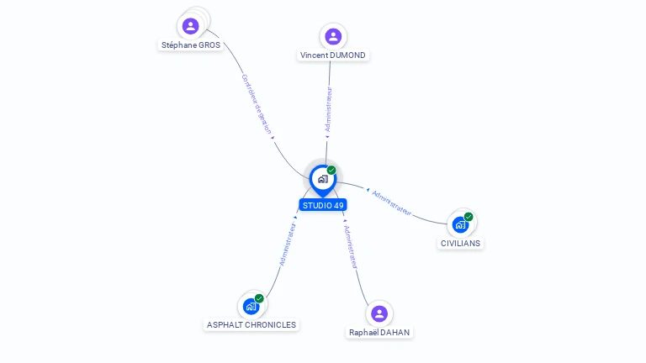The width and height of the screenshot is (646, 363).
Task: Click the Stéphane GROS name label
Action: pyautogui.click(x=191, y=45)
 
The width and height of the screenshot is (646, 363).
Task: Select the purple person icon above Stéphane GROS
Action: pyautogui.click(x=190, y=26)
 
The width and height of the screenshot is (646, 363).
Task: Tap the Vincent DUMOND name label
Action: pyautogui.click(x=333, y=55)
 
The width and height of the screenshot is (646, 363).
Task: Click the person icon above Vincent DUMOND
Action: pyautogui.click(x=333, y=36)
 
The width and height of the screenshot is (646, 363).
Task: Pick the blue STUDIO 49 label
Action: pyautogui.click(x=323, y=205)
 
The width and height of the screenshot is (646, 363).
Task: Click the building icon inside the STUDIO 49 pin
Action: pyautogui.click(x=323, y=179)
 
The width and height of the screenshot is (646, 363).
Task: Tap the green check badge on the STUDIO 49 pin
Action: pyautogui.click(x=331, y=170)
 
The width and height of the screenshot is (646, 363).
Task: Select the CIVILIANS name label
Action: pyautogui.click(x=460, y=243)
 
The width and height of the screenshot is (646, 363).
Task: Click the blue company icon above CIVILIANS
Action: pyautogui.click(x=460, y=224)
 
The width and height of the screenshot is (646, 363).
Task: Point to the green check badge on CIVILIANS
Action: pyautogui.click(x=469, y=217)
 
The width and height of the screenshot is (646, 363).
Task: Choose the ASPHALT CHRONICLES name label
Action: pyautogui.click(x=252, y=324)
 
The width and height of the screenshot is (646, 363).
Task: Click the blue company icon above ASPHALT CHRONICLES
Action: pyautogui.click(x=251, y=306)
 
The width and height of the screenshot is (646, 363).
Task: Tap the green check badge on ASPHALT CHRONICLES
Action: pyautogui.click(x=259, y=298)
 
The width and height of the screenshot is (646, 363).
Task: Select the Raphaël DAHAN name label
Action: pyautogui.click(x=379, y=332)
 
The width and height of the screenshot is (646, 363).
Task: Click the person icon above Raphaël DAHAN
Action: pyautogui.click(x=379, y=313)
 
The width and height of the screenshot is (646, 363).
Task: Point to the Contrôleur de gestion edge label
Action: pyautogui.click(x=257, y=104)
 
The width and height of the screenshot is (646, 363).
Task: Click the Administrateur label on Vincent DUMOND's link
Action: pyautogui.click(x=328, y=109)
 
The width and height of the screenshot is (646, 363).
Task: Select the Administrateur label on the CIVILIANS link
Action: pyautogui.click(x=391, y=203)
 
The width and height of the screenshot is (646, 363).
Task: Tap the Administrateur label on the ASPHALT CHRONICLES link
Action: pyautogui.click(x=288, y=245)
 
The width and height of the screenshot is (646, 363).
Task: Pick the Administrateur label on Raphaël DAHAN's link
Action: pyautogui.click(x=351, y=247)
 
